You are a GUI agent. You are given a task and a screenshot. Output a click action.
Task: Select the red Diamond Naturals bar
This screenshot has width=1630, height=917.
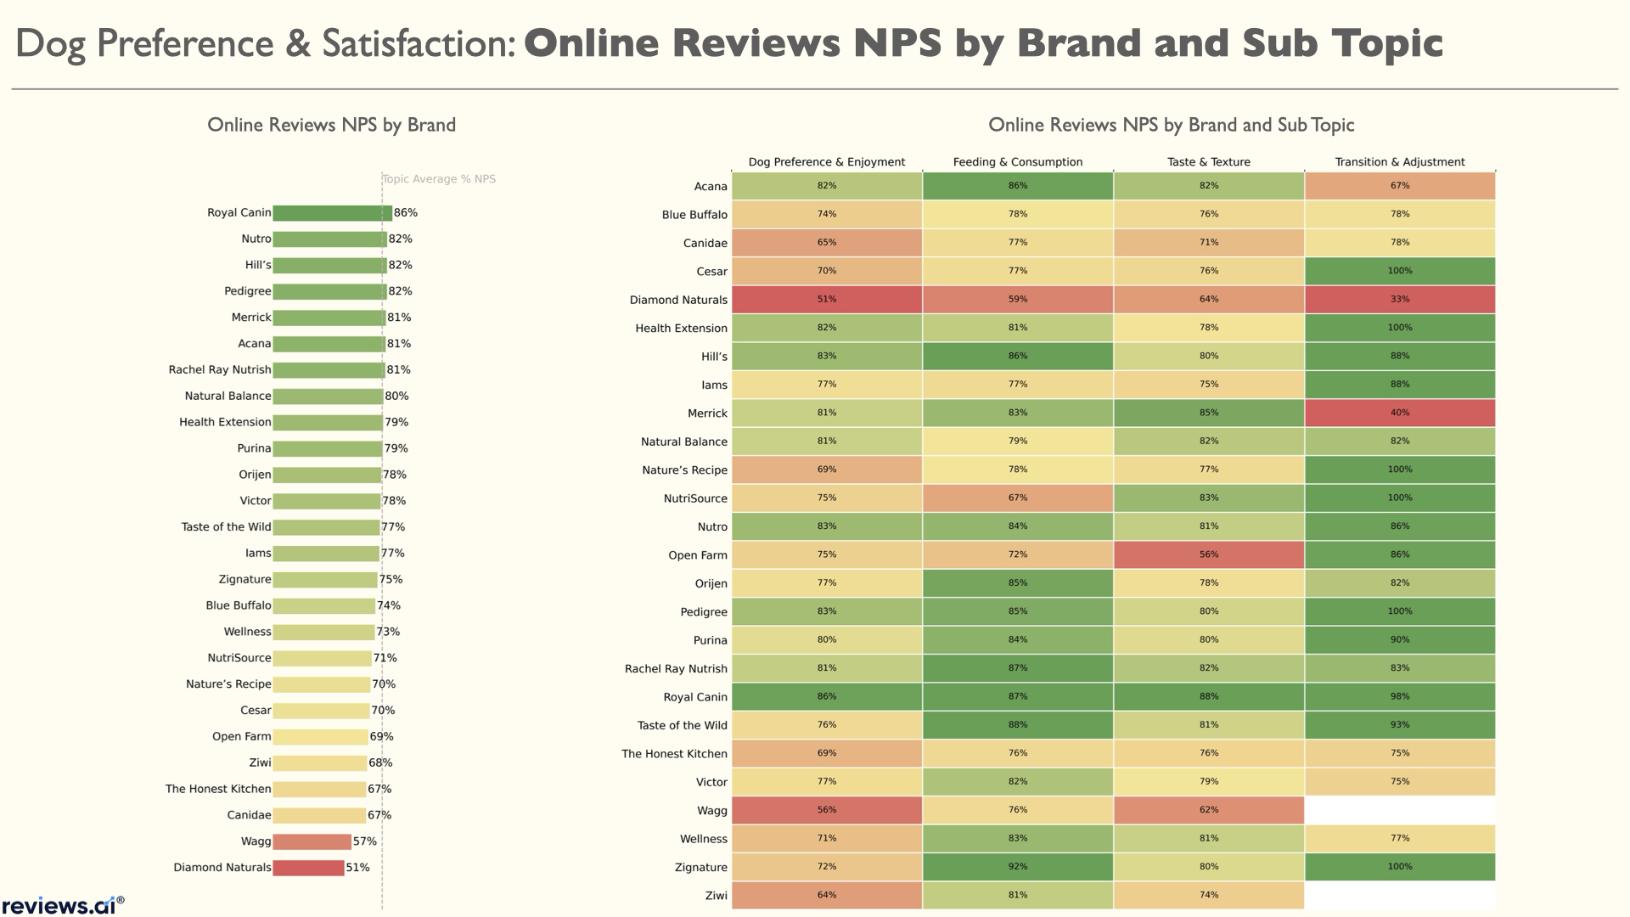click(x=308, y=868)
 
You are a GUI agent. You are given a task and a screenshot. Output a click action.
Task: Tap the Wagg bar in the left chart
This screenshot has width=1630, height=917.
click(x=312, y=841)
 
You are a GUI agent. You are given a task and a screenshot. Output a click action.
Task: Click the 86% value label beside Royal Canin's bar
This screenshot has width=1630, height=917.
click(x=406, y=213)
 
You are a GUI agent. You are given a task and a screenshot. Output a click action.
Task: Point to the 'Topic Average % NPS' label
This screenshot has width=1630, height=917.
click(x=439, y=179)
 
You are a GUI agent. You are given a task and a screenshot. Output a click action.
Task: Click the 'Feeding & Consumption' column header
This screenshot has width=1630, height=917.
click(x=1017, y=162)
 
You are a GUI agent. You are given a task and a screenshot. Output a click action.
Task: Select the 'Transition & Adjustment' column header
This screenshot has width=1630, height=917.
click(x=1399, y=162)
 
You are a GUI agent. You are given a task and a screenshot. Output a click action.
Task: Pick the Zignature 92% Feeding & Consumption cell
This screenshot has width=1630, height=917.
click(x=1017, y=867)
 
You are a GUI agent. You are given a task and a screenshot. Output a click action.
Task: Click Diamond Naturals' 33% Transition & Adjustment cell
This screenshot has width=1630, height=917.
click(x=1399, y=300)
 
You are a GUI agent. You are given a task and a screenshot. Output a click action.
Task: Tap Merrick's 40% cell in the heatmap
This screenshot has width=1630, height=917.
click(x=1399, y=413)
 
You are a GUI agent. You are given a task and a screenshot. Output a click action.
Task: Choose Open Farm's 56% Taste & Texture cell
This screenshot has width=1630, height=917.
click(x=1208, y=554)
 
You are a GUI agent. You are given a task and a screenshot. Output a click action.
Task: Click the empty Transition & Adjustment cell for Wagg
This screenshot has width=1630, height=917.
click(x=1399, y=810)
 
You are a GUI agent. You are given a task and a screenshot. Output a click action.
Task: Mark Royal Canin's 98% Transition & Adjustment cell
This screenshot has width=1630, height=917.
click(x=1399, y=696)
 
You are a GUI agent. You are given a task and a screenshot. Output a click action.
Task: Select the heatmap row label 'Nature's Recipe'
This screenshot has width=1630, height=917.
click(x=684, y=470)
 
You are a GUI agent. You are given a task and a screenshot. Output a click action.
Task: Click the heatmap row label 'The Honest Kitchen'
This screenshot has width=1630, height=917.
click(x=674, y=754)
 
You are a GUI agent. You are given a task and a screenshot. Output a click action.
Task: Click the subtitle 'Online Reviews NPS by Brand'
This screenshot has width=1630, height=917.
click(x=331, y=125)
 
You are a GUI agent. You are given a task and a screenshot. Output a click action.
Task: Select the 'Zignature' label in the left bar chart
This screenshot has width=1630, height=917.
click(x=244, y=580)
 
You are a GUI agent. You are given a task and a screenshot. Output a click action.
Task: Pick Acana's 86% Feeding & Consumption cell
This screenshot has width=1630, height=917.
click(x=1017, y=186)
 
